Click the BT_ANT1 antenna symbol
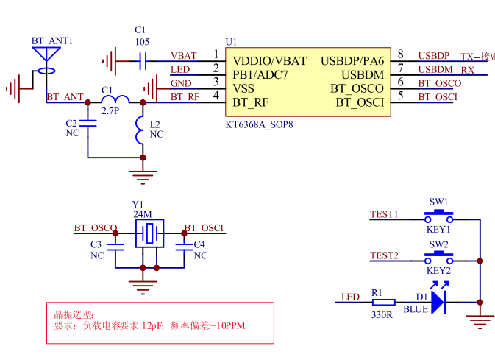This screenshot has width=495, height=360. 47,54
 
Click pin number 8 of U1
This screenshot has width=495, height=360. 400,54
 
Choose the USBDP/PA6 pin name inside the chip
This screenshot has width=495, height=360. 352,60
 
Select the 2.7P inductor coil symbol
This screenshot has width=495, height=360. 115,101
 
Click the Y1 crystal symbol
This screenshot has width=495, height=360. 150,235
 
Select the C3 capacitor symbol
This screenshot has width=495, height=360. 115,248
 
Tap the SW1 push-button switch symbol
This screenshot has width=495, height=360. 439,216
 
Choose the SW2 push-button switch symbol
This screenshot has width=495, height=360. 439,258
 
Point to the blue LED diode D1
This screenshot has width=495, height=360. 439,302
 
